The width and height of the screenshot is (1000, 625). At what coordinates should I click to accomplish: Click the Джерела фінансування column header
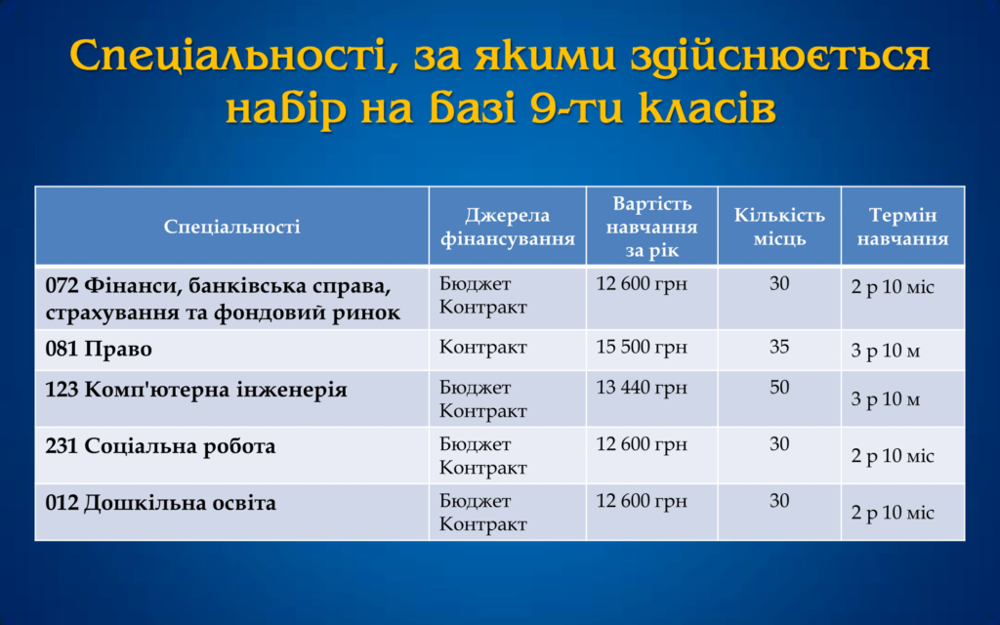click(508, 227)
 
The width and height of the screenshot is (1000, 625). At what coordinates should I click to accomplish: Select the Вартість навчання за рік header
click(651, 227)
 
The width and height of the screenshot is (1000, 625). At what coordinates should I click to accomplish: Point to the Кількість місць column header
click(779, 227)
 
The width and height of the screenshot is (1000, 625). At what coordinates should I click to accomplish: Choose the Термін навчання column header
click(902, 227)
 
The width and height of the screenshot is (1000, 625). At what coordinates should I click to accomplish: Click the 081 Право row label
click(99, 349)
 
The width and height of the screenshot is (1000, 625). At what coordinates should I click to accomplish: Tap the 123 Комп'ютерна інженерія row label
click(196, 389)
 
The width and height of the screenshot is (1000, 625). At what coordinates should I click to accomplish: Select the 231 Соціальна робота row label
click(161, 445)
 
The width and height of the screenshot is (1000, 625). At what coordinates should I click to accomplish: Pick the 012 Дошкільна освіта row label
click(161, 503)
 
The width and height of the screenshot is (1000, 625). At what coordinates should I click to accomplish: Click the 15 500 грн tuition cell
click(642, 347)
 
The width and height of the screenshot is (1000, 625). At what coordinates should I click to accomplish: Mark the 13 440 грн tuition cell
click(642, 387)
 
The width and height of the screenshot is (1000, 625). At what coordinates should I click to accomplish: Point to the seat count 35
click(779, 347)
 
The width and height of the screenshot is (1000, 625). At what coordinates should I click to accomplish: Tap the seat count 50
click(779, 387)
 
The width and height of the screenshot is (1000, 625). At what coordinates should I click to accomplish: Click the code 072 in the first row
click(62, 285)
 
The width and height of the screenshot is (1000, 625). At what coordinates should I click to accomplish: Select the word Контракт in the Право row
click(482, 347)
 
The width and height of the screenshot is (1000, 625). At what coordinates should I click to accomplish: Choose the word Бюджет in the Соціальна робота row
click(476, 444)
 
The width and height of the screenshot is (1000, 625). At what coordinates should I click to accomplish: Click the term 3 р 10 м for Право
click(885, 351)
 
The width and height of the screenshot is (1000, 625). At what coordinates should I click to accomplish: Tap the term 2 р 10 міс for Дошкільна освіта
click(893, 512)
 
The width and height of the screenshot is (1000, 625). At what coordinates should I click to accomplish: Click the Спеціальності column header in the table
click(232, 227)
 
